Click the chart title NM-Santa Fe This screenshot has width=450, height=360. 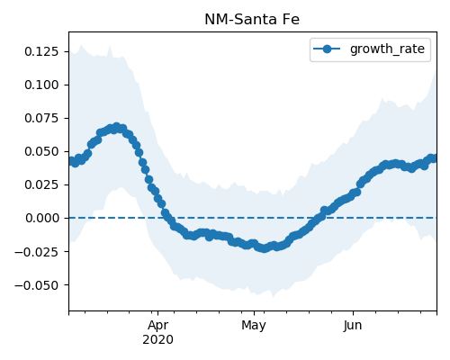click(x=252, y=20)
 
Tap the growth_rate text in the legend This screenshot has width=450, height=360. click(x=387, y=49)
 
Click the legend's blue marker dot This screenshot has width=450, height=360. click(x=327, y=49)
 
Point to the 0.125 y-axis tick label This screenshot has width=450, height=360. click(x=41, y=51)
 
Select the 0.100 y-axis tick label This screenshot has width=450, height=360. click(x=41, y=85)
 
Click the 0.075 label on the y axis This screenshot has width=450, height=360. click(x=41, y=118)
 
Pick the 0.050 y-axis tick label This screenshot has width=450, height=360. click(x=41, y=151)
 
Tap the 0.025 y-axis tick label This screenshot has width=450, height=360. click(x=41, y=184)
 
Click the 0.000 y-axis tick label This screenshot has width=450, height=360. click(x=41, y=218)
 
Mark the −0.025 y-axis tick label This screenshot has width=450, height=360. click(x=36, y=252)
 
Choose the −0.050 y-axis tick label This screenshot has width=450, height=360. click(x=36, y=285)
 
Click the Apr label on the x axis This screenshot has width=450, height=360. click(x=158, y=326)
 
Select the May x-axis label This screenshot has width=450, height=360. click(x=254, y=326)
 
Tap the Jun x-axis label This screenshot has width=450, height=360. click(x=353, y=326)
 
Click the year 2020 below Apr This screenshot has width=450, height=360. click(x=157, y=340)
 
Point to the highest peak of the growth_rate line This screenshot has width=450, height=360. click(x=117, y=127)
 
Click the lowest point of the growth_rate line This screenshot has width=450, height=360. click(x=264, y=248)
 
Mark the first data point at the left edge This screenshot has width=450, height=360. click(x=70, y=161)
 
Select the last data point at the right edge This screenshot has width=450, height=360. click(x=435, y=158)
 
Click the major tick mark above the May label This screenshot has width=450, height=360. click(x=254, y=313)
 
